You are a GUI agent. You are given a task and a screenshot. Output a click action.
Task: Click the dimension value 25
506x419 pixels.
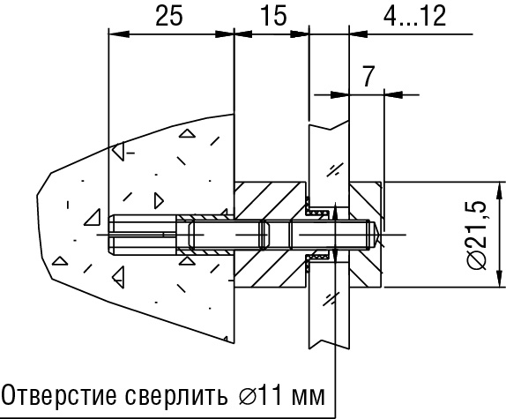[169, 16]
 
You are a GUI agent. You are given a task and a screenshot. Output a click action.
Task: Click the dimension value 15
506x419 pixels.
[273, 16]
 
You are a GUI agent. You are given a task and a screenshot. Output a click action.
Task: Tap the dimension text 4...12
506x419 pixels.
[414, 16]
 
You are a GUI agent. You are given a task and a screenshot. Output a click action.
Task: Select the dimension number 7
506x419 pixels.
[368, 77]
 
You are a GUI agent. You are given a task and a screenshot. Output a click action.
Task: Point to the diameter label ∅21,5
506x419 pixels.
[477, 235]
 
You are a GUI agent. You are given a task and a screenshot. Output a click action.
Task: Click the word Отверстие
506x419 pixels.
[59, 395]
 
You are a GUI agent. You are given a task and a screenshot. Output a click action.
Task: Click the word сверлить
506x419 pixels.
[176, 394]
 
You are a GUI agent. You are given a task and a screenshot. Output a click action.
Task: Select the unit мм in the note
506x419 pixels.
[308, 397]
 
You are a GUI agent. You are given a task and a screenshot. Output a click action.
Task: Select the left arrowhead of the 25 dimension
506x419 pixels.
[119, 34]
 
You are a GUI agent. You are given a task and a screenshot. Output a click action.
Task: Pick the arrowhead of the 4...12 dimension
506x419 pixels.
[359, 34]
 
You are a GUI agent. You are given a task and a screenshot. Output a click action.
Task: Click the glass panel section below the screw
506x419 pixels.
[329, 307]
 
